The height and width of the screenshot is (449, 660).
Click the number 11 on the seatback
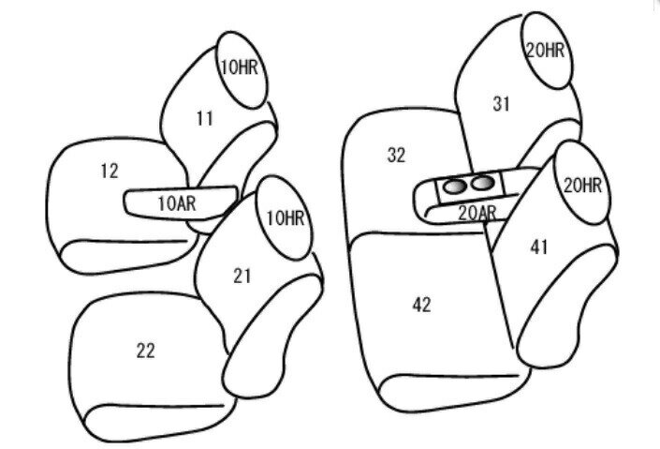205,118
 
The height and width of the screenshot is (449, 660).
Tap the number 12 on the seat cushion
110,171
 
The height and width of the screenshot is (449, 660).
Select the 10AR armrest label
177,203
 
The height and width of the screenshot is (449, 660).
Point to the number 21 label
242,277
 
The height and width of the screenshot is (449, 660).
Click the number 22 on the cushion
146,351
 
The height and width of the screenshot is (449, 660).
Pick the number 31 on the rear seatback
501,104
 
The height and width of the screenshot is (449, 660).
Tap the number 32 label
396,156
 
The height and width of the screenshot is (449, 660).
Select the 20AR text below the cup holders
477,214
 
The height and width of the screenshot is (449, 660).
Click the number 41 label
539,247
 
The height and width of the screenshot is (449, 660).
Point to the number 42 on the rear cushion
422,305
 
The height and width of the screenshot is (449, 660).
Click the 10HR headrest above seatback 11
242,69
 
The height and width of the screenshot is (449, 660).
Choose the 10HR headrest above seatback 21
285,217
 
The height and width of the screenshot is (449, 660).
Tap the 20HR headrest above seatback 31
547,51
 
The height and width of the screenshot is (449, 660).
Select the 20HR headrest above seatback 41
581,182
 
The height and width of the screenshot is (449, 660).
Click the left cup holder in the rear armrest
454,186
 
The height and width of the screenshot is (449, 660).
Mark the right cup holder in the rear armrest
482,183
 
